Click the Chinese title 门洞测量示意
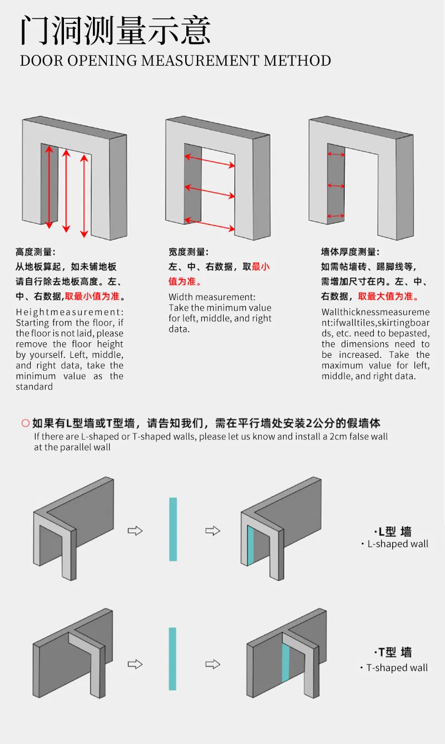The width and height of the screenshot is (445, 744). pyautogui.click(x=115, y=31)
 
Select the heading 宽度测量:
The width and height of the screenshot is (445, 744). pyautogui.click(x=189, y=252)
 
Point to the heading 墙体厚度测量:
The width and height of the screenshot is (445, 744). pyautogui.click(x=350, y=252)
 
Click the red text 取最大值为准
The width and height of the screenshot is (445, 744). pyautogui.click(x=385, y=296)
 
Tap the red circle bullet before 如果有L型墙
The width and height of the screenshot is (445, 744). pyautogui.click(x=26, y=423)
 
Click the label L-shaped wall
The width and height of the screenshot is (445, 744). pyautogui.click(x=398, y=544)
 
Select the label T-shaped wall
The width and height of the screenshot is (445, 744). pyautogui.click(x=397, y=668)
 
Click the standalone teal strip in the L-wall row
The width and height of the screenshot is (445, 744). pyautogui.click(x=173, y=529)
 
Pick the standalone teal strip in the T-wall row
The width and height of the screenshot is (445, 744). pyautogui.click(x=172, y=659)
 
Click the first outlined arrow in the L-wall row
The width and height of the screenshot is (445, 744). pyautogui.click(x=135, y=531)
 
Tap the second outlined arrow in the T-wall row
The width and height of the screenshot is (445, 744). pyautogui.click(x=212, y=665)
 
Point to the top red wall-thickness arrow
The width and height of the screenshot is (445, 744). pyautogui.click(x=336, y=154)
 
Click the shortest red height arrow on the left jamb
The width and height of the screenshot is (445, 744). pyautogui.click(x=49, y=187)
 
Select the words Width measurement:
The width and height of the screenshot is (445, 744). pyautogui.click(x=212, y=297)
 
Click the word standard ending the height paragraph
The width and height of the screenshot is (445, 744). pyautogui.click(x=34, y=387)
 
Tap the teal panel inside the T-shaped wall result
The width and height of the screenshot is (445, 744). pyautogui.click(x=285, y=663)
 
